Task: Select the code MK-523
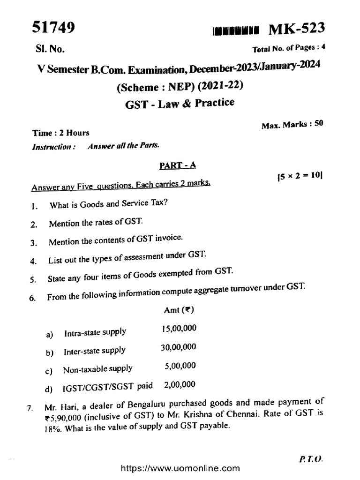point(296,29)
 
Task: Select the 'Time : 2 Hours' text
point(60,133)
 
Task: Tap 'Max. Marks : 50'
point(291,125)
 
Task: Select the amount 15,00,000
point(179,329)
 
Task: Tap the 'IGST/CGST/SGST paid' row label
point(110,387)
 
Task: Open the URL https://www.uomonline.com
point(180,468)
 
